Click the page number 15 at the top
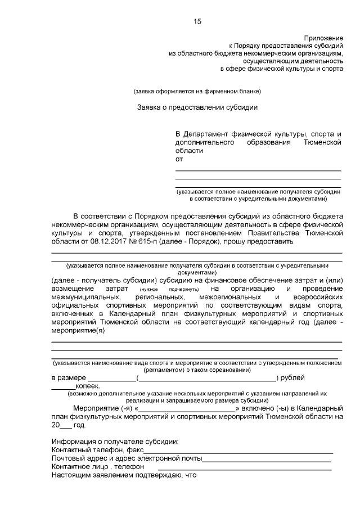[x=197, y=21]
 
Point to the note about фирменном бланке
[x=197, y=91]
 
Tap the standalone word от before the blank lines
[x=179, y=159]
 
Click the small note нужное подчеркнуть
[x=160, y=289]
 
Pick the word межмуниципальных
[x=85, y=296]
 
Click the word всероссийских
[x=316, y=296]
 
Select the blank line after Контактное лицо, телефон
[x=244, y=467]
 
